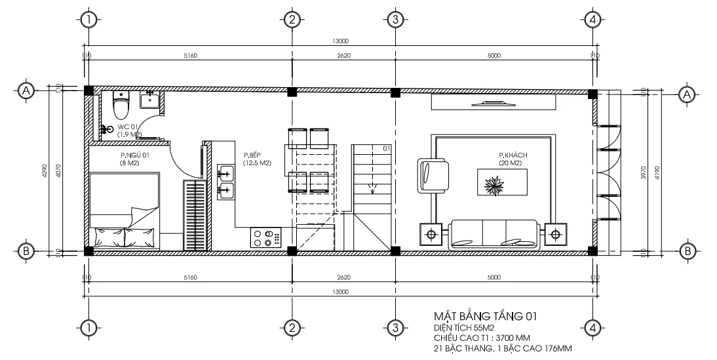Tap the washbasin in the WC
point(151,100)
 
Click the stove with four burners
point(265,237)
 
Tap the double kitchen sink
point(226,182)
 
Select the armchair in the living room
point(432,174)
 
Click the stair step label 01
point(387,149)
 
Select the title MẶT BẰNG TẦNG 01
point(486,316)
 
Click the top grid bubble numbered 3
point(395,20)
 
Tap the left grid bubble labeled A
point(26,90)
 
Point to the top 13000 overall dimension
point(340,41)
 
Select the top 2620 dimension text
point(343,56)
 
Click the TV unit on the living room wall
point(494,102)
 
